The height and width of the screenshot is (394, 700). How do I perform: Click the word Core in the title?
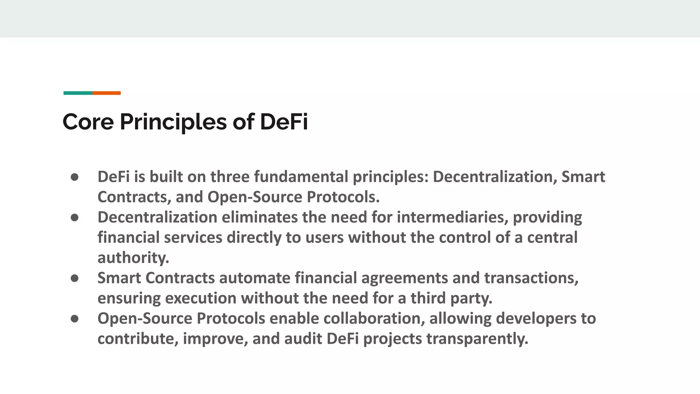coord(88,122)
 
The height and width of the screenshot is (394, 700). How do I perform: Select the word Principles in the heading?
coord(173,122)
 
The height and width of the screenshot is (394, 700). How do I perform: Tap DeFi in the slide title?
coord(284,122)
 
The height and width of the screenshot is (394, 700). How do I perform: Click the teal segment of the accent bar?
coord(78,93)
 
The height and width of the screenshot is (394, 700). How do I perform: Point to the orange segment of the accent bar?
coord(106,93)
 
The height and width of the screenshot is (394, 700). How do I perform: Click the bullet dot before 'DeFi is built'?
coord(75,177)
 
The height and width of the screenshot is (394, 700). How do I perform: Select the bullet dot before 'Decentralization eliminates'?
coord(75,218)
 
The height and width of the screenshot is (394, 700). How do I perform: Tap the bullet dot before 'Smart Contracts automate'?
coord(75,278)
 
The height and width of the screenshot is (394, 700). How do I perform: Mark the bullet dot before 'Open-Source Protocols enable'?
coord(75,319)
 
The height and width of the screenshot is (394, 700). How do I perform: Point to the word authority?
coord(133,258)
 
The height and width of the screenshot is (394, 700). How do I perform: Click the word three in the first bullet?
coord(230,177)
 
